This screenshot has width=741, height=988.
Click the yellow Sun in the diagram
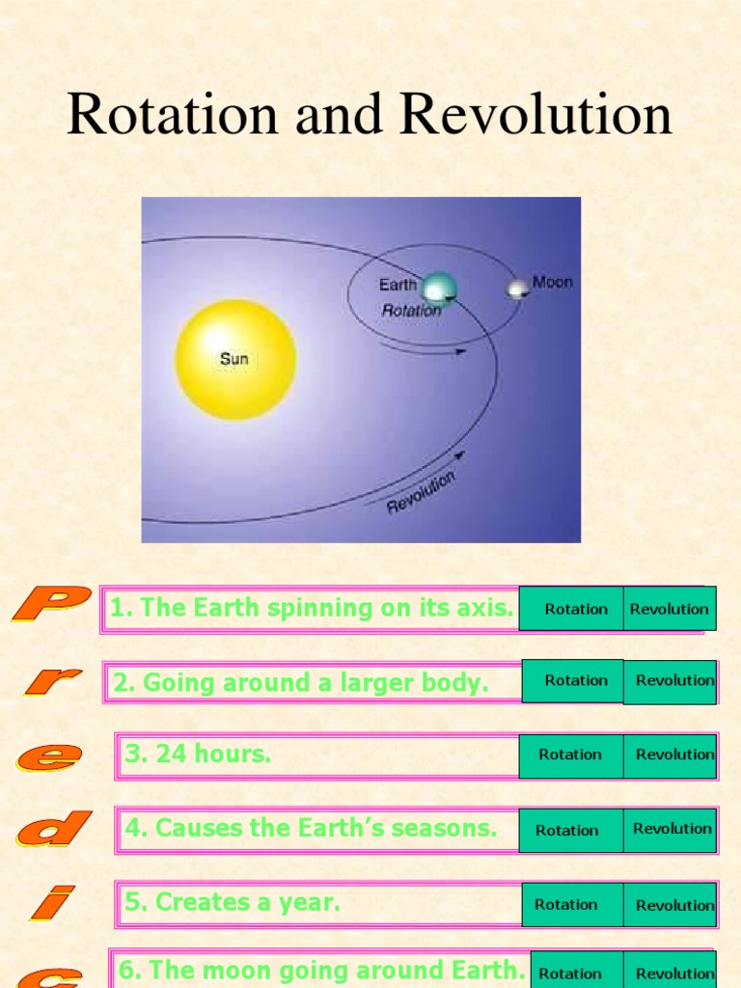pyautogui.click(x=235, y=359)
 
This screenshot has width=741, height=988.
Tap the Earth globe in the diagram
pyautogui.click(x=439, y=288)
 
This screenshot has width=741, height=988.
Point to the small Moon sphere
pyautogui.click(x=518, y=288)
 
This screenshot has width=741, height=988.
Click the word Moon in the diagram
pyautogui.click(x=552, y=283)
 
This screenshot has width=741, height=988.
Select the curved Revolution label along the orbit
pyautogui.click(x=421, y=492)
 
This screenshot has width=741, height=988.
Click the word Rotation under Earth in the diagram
pyautogui.click(x=412, y=311)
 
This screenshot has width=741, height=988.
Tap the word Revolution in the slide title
pyautogui.click(x=535, y=115)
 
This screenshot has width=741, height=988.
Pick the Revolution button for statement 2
pyautogui.click(x=672, y=681)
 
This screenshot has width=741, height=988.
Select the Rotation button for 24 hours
pyautogui.click(x=570, y=755)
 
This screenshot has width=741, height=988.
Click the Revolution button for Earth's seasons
pyautogui.click(x=671, y=830)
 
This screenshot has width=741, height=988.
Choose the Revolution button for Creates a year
pyautogui.click(x=672, y=905)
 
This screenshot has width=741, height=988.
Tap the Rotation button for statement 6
pyautogui.click(x=570, y=973)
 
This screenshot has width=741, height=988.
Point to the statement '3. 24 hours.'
pyautogui.click(x=198, y=755)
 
